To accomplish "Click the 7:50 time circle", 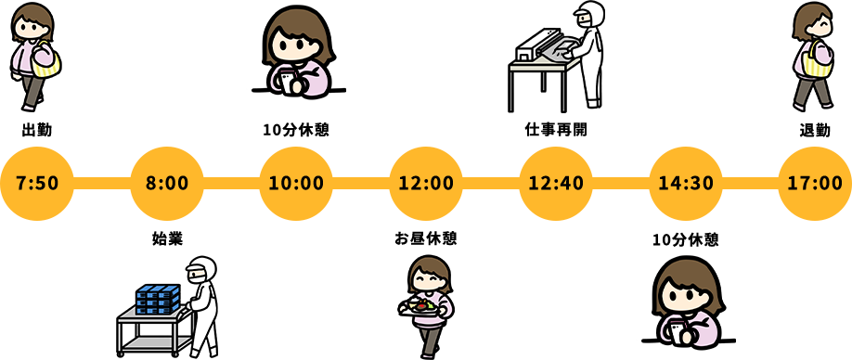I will click(x=37, y=182).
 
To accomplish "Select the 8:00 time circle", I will click(x=167, y=182).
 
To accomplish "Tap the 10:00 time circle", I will click(x=296, y=182).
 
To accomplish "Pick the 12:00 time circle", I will click(x=426, y=182).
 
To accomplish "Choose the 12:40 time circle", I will click(x=556, y=182).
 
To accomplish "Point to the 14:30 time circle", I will click(x=685, y=182).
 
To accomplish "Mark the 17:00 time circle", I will click(x=815, y=182).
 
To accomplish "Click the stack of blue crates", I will click(x=157, y=300).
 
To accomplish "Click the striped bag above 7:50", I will click(x=46, y=62).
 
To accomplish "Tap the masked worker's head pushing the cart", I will click(x=200, y=270).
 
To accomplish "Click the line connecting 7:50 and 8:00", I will click(x=102, y=182).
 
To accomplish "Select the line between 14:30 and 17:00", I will click(x=750, y=182).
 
